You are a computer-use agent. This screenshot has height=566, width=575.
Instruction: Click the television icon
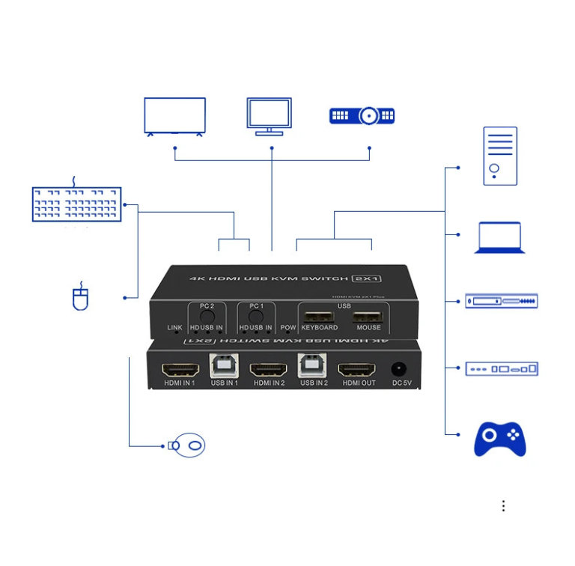(x=174, y=116)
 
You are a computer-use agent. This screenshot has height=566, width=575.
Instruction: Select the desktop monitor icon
(x=269, y=115)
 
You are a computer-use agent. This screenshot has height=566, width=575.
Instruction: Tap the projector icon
(x=362, y=116)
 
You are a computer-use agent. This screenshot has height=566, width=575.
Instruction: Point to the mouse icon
(x=80, y=297)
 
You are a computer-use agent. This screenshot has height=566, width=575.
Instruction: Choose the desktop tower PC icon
(x=499, y=156)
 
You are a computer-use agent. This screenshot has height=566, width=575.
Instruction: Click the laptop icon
(x=499, y=237)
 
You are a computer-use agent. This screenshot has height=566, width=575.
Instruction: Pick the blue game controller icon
(x=499, y=439)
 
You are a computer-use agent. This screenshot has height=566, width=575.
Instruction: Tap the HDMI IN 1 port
(x=180, y=369)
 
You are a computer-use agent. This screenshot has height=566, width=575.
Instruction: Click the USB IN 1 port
(x=224, y=365)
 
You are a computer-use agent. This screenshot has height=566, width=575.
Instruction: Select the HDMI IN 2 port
(x=269, y=369)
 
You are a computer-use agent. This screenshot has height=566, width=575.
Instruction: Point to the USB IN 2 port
(x=311, y=365)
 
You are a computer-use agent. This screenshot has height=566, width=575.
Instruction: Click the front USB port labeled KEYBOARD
(x=320, y=315)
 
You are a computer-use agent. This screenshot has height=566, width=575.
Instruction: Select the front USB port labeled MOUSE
(x=368, y=315)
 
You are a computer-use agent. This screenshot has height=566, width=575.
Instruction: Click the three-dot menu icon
(x=503, y=506)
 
